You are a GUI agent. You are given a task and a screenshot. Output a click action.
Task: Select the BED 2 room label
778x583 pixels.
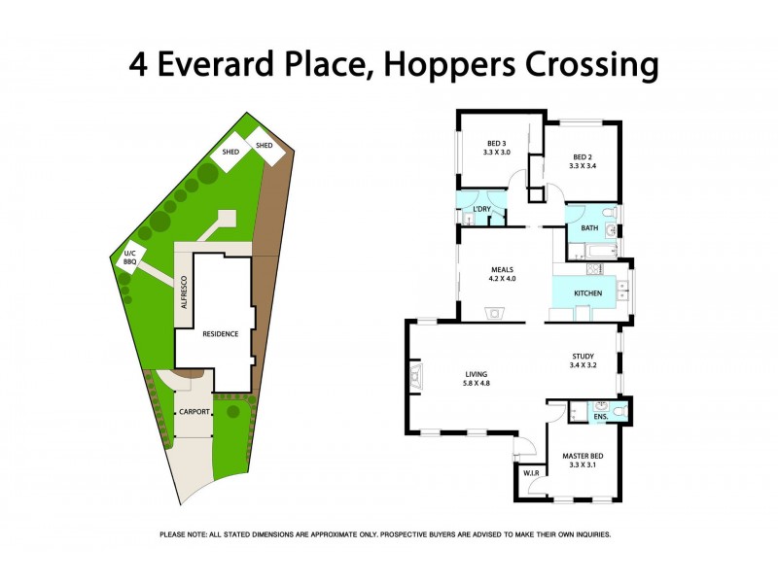pos(582,156)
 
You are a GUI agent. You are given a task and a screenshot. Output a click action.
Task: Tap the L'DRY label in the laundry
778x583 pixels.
pos(481,210)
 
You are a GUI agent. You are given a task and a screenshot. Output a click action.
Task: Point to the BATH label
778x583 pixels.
pos(589,228)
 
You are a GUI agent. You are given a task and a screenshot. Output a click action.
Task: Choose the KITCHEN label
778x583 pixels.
pos(587,292)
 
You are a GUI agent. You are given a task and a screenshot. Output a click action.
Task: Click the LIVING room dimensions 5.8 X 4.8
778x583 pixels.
pos(476,384)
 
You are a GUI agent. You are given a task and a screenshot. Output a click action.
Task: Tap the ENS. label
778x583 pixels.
pos(601,417)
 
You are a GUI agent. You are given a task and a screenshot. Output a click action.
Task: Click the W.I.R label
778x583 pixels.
pos(531,474)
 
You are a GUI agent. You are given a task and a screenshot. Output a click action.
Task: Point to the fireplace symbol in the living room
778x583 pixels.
pos(416,374)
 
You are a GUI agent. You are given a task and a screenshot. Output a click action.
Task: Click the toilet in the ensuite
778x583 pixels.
pos(622,412)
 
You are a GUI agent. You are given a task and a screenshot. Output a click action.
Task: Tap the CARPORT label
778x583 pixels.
pos(194,413)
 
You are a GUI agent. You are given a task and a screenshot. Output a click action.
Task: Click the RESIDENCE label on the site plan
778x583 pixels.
pos(220,334)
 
